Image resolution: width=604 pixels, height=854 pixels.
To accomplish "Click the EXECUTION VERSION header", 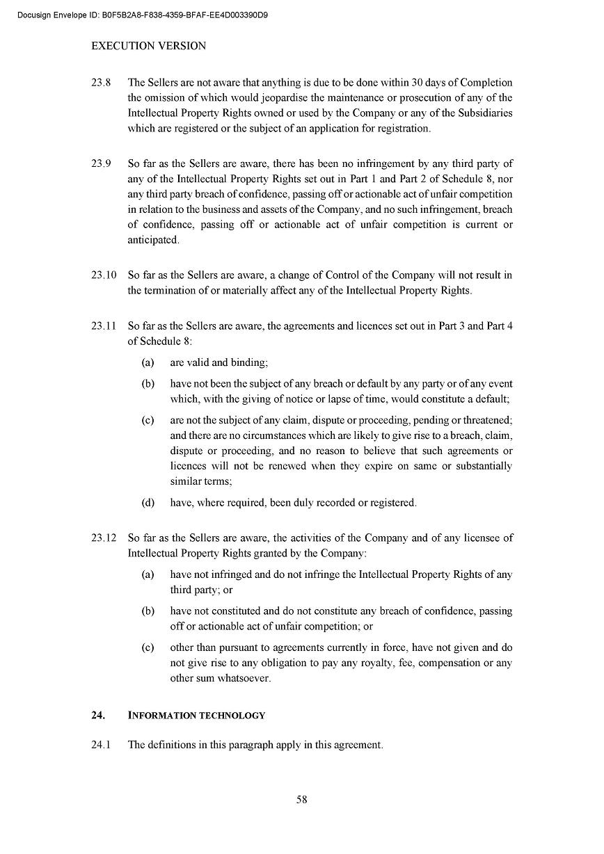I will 148,46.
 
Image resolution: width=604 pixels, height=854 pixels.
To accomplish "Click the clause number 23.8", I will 101,83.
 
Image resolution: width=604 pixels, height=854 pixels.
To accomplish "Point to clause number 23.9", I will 101,164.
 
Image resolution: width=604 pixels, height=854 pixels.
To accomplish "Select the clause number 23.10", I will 104,275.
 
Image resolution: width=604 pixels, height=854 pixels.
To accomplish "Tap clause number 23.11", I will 104,326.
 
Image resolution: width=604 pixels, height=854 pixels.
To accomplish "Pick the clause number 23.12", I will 104,538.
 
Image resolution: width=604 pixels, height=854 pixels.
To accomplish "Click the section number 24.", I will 98,716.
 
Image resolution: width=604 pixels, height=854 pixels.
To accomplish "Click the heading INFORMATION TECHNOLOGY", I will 196,716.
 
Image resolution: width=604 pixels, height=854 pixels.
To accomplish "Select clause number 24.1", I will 101,746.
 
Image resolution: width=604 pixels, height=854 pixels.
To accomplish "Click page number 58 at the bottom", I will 302,800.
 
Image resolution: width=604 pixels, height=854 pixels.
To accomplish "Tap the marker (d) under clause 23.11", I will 148,503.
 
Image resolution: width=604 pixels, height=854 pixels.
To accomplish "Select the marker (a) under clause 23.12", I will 148,575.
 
